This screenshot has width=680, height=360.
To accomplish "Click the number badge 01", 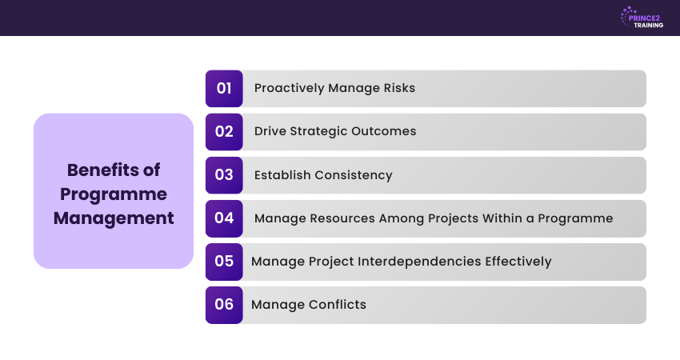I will pyautogui.click(x=224, y=88).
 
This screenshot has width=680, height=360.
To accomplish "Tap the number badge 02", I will pyautogui.click(x=224, y=131).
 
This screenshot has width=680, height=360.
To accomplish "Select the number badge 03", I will pyautogui.click(x=224, y=174).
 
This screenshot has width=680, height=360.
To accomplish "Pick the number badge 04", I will pyautogui.click(x=224, y=218).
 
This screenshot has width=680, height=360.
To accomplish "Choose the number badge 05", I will pyautogui.click(x=224, y=261).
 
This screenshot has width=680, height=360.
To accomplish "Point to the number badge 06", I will pyautogui.click(x=224, y=304).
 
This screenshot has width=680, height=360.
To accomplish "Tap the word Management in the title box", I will pyautogui.click(x=114, y=218).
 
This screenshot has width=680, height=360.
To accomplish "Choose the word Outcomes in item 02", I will pyautogui.click(x=385, y=131).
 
